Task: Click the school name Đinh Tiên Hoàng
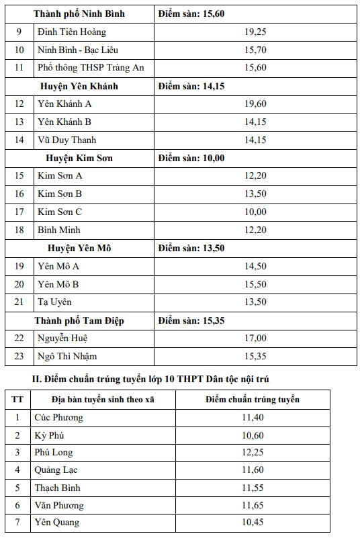click(x=62, y=32)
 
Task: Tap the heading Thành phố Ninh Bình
click(x=79, y=13)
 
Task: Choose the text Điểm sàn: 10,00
click(x=191, y=158)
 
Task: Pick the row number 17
click(x=19, y=212)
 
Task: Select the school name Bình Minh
click(x=59, y=230)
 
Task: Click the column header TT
click(x=17, y=400)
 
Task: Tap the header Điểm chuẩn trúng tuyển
click(x=253, y=400)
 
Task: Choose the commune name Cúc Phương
click(x=60, y=418)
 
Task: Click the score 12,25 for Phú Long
click(x=253, y=453)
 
